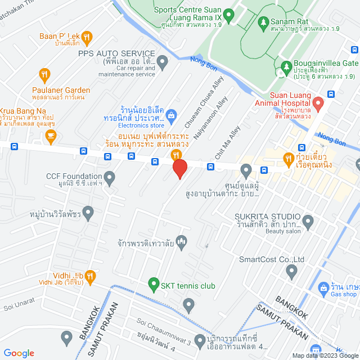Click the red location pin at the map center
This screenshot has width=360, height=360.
(179, 169)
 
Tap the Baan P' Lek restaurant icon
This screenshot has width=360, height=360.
(86, 37)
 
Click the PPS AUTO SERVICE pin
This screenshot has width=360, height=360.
(163, 60)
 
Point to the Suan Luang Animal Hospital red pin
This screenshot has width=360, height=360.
(318, 103)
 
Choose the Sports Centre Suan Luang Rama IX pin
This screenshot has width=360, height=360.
(228, 15)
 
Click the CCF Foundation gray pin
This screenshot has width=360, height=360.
(109, 179)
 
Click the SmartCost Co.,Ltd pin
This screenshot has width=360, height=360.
(291, 272)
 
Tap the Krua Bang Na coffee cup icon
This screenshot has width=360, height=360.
(51, 134)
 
